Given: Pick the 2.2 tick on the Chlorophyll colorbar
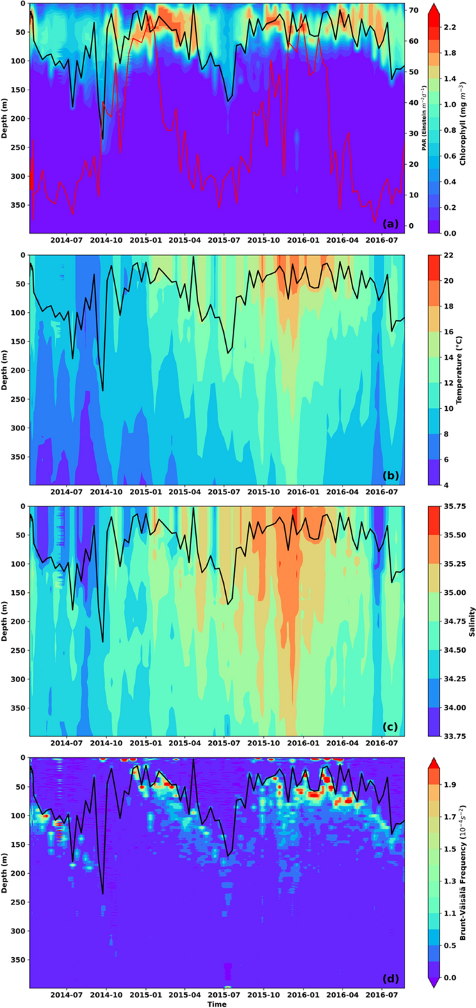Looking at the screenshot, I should coord(450,27).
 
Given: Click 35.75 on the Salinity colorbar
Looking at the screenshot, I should coord(452,507).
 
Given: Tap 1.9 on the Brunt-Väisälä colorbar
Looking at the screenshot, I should coord(450,785).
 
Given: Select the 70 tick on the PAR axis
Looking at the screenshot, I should coord(413,10).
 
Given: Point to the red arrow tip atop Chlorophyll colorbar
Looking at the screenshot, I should coord(432,5).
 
